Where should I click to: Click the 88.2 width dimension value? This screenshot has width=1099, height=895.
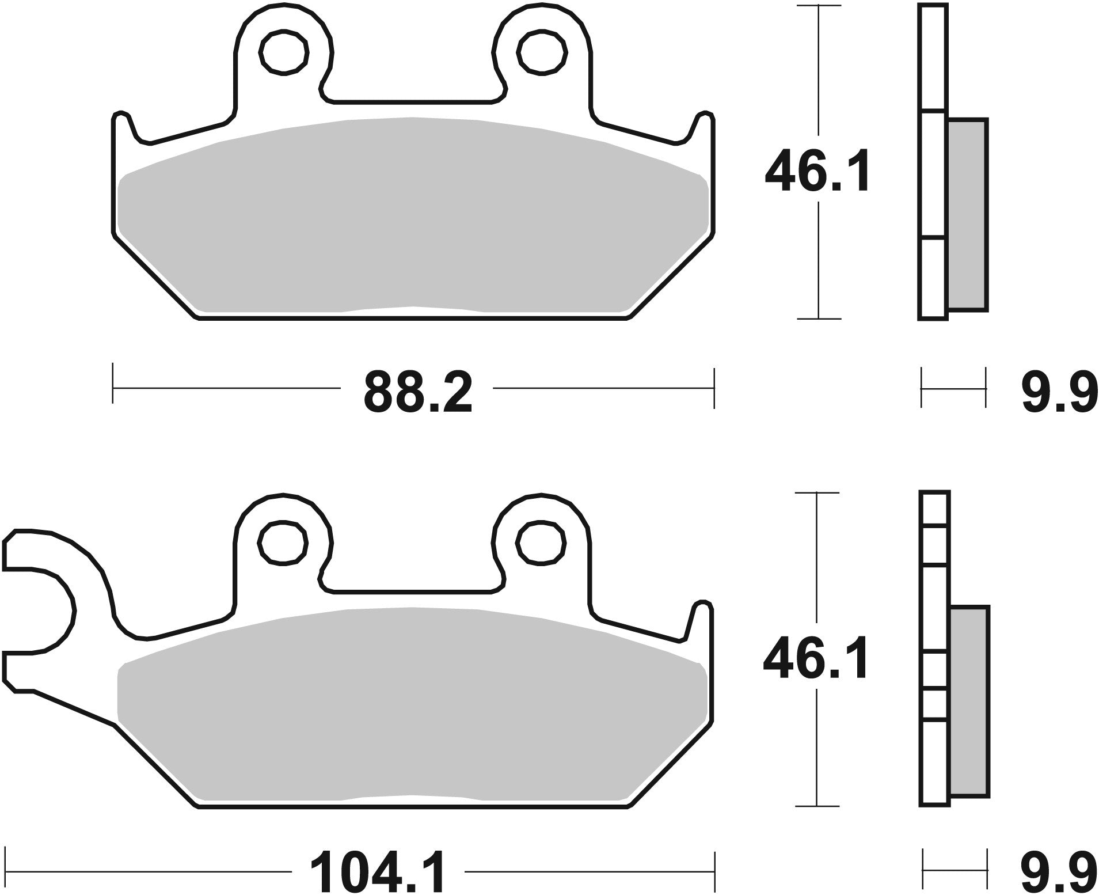tap(417, 393)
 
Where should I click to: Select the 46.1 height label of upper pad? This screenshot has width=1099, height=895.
tap(817, 171)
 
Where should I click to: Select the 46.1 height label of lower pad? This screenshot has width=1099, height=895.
tap(816, 662)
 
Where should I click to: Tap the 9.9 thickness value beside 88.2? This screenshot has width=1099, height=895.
tap(1059, 393)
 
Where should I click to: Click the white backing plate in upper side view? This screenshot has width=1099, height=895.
tap(932, 173)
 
